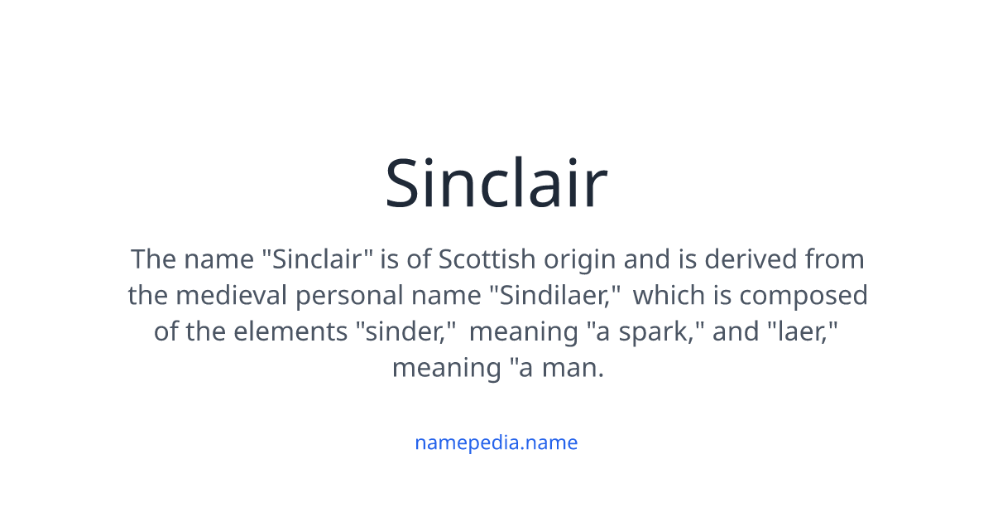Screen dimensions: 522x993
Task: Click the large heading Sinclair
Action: tap(496, 184)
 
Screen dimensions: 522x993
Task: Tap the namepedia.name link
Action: tap(496, 442)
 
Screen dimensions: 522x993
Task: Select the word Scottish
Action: tap(487, 259)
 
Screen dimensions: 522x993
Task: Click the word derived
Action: tap(746, 259)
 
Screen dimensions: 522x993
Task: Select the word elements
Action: tap(292, 331)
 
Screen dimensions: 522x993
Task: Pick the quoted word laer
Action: tap(797, 331)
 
